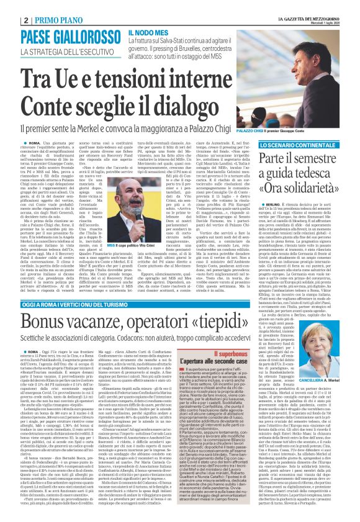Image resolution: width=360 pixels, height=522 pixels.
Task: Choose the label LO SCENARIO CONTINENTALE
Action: tap(307, 144)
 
